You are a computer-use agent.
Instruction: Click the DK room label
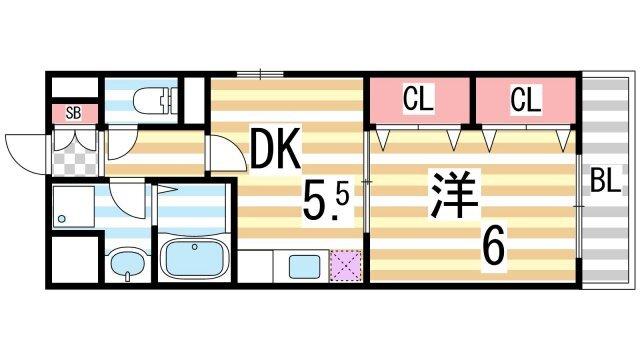272,152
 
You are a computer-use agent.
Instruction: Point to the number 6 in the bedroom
492,244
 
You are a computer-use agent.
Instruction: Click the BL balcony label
603,182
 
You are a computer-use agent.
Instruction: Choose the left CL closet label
418,99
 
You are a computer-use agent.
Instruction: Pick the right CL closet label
525,99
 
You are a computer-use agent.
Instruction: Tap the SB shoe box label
73,112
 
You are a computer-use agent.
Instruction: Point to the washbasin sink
127,264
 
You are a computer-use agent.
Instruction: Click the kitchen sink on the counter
303,266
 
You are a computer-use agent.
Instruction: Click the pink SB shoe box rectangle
75,112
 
